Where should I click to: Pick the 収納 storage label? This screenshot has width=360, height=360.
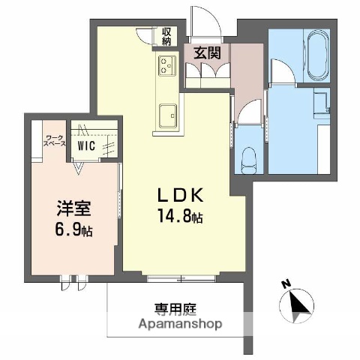(166, 37)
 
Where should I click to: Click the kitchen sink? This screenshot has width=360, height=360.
(166, 116)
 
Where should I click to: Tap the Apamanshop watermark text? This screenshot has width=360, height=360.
(180, 325)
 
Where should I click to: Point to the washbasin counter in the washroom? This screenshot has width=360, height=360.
(324, 101)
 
